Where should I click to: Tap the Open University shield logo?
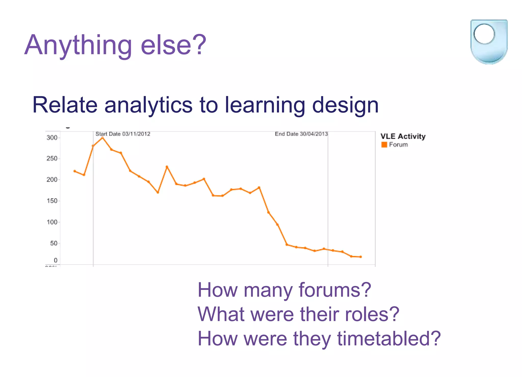(x=489, y=42)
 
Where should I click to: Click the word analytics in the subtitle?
(x=148, y=105)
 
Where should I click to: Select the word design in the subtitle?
(x=345, y=105)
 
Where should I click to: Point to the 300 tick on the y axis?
(x=52, y=138)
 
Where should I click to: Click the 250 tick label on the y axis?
(x=52, y=158)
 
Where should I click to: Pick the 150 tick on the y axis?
(x=52, y=201)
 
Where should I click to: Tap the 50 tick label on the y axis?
(x=54, y=243)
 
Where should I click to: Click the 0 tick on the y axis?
(x=56, y=260)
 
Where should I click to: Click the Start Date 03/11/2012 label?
(x=123, y=134)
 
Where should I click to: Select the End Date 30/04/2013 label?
(x=301, y=134)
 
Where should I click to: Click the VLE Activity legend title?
(x=403, y=137)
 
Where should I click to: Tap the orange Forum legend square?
(x=384, y=145)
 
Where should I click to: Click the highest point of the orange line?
(x=102, y=138)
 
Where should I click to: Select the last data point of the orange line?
(x=360, y=257)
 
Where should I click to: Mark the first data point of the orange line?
(x=74, y=171)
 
